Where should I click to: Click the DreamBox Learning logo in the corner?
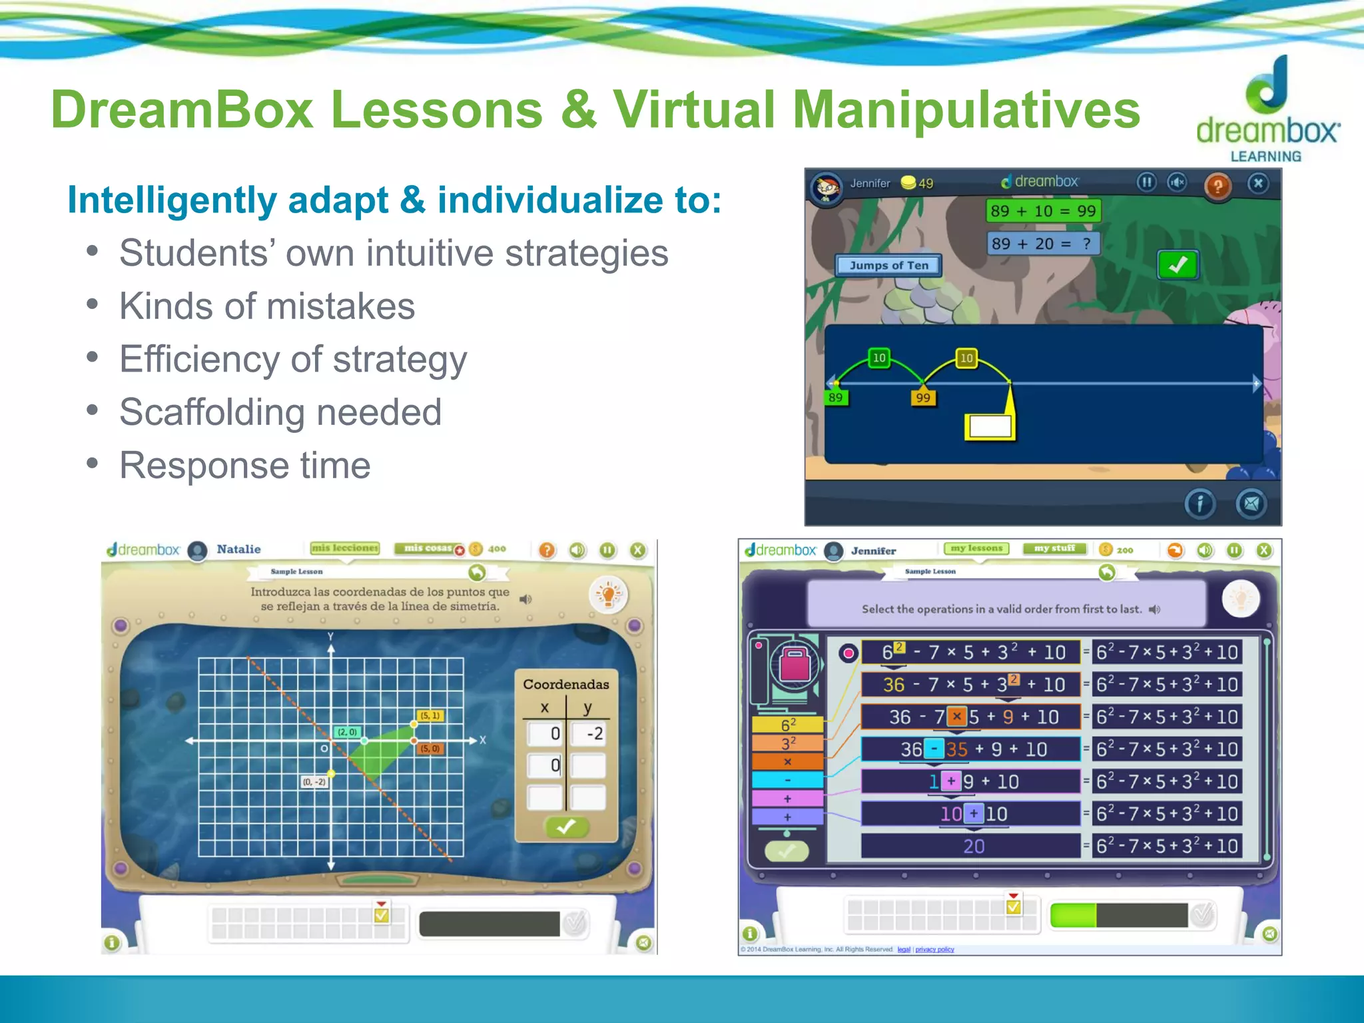pyautogui.click(x=1267, y=110)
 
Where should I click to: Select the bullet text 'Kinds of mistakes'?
pyautogui.click(x=267, y=306)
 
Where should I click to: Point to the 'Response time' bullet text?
pyautogui.click(x=244, y=465)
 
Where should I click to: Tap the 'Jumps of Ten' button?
pyautogui.click(x=888, y=265)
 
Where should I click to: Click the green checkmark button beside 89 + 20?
pyautogui.click(x=1178, y=265)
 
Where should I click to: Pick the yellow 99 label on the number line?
pyautogui.click(x=922, y=398)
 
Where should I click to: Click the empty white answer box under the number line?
pyautogui.click(x=990, y=426)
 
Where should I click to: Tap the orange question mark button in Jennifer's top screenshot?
pyautogui.click(x=1217, y=186)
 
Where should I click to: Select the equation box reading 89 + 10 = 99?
pyautogui.click(x=1042, y=211)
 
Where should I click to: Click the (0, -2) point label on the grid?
pyautogui.click(x=314, y=782)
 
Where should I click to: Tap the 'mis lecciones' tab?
pyautogui.click(x=344, y=548)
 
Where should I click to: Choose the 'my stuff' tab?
pyautogui.click(x=1054, y=548)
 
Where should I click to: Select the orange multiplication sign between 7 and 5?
pyautogui.click(x=956, y=717)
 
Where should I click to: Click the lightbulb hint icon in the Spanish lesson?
pyautogui.click(x=608, y=594)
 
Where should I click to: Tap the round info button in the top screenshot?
pyautogui.click(x=1199, y=504)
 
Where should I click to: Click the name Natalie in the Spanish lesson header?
pyautogui.click(x=238, y=549)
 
